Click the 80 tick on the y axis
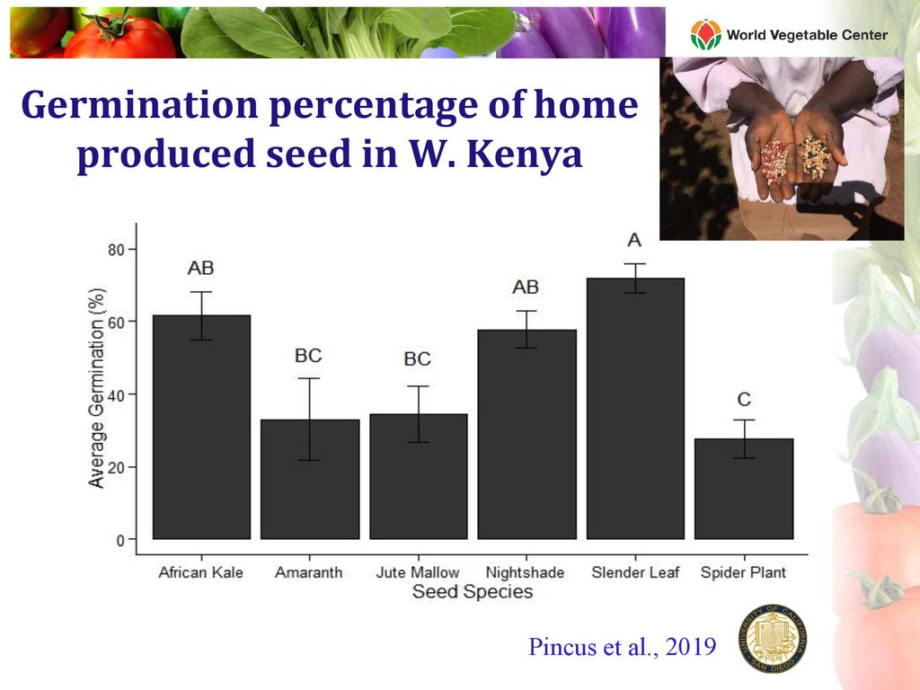tap(117, 249)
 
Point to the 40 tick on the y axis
tap(117, 394)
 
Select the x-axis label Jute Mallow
tap(418, 572)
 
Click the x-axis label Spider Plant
tap(744, 572)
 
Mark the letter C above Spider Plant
tap(744, 400)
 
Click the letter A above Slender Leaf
tap(634, 240)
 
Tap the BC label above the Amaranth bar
tap(308, 355)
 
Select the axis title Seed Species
tap(472, 592)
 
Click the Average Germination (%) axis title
tap(97, 388)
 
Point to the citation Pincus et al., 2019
tap(623, 647)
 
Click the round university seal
tap(772, 639)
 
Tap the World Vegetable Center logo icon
tap(705, 35)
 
